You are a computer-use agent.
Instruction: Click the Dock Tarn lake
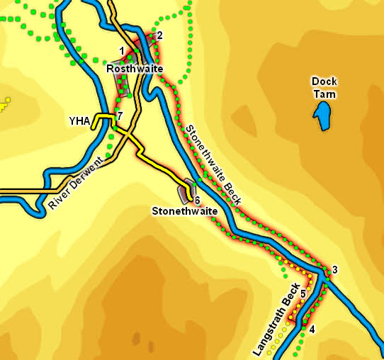324,116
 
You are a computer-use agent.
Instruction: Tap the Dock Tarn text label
324,87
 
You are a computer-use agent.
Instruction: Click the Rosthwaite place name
135,69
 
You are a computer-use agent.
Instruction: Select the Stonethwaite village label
184,210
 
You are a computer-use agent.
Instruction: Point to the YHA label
79,121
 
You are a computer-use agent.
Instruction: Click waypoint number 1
122,50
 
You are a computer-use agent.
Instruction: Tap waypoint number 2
159,35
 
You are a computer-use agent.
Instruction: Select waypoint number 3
334,269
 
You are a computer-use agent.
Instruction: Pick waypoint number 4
312,329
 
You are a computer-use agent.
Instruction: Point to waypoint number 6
198,201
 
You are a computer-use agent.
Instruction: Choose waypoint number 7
120,116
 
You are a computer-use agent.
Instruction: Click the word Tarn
324,94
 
